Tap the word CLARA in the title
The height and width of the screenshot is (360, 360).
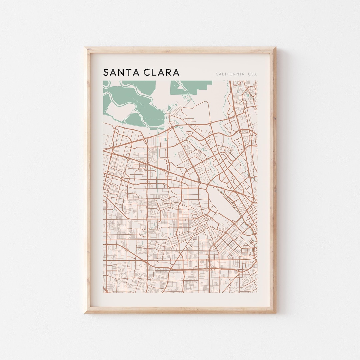pos(161,72)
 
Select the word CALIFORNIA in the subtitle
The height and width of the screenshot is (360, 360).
pos(230,74)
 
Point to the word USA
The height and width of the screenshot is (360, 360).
pos(252,74)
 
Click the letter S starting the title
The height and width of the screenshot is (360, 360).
pos(106,72)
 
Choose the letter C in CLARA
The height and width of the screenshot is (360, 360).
pos(147,72)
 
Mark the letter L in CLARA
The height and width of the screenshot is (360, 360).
pos(154,72)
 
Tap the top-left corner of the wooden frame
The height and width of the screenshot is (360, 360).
pos(85,48)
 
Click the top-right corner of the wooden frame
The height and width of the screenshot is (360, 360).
pos(275,48)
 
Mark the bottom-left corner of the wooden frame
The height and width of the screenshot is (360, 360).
pos(85,313)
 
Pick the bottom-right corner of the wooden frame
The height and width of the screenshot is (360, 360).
pos(275,313)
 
